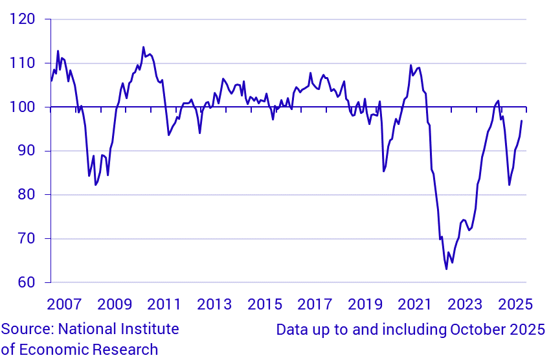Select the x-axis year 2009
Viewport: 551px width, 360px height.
[x=114, y=304]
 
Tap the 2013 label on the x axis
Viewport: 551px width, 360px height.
[x=214, y=304]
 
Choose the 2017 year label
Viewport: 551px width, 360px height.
[x=315, y=304]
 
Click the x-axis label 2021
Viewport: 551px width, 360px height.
[x=415, y=304]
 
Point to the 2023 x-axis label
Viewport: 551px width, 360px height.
[x=466, y=304]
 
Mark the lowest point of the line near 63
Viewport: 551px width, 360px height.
[x=446, y=269]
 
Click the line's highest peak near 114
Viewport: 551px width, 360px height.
[x=143, y=47]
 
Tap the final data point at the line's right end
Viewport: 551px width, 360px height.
[x=522, y=121]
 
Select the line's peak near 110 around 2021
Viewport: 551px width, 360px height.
[x=410, y=65]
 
